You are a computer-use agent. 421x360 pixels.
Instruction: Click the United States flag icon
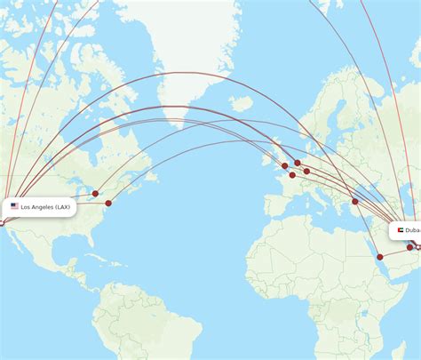(14, 206)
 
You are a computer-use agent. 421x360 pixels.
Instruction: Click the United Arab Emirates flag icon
(401, 230)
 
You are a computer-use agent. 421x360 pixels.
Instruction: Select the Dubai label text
(414, 230)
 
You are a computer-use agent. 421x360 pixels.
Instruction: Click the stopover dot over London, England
(285, 165)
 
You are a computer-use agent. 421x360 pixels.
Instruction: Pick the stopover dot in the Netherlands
(298, 163)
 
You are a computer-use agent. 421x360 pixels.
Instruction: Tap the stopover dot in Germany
(306, 172)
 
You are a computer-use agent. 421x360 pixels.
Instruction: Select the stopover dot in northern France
(292, 175)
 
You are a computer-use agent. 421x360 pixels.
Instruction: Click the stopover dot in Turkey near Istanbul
(355, 201)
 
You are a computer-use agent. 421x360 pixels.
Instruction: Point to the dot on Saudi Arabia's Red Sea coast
(379, 257)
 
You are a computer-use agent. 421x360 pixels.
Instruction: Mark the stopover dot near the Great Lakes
(95, 193)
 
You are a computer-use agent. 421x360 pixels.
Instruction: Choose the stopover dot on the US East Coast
(108, 204)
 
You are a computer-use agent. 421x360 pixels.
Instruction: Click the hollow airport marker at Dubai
(417, 246)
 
